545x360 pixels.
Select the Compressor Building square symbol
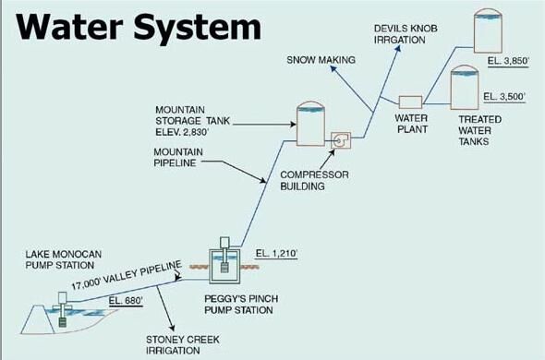click(x=341, y=140)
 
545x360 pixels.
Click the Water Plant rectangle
click(x=409, y=102)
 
